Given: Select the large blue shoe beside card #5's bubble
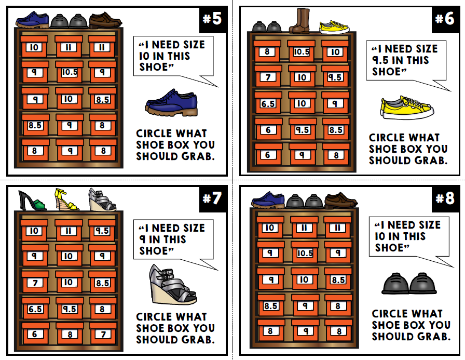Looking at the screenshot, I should point(171,102).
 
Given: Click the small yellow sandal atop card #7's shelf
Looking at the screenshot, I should point(66,199).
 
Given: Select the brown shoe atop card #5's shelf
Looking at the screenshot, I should point(105,21).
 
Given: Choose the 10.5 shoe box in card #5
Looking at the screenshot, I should point(69,72).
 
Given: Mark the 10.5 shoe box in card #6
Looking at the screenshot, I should point(302,52).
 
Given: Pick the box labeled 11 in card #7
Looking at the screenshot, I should point(69,230).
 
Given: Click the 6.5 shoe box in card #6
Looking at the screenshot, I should point(268,103).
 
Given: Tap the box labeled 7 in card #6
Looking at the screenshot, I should point(267,77).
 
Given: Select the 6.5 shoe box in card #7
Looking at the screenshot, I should point(35,309).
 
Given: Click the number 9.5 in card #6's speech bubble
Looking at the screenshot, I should point(382,60).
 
